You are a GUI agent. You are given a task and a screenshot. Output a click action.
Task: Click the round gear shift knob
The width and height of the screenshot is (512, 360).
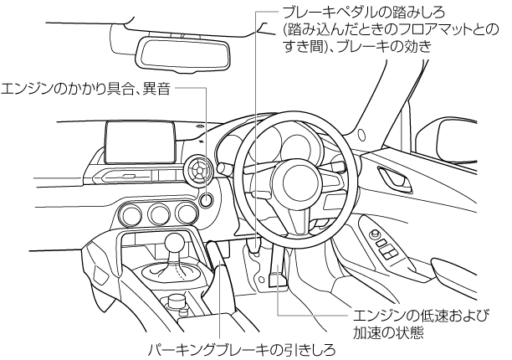(x=175, y=244)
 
